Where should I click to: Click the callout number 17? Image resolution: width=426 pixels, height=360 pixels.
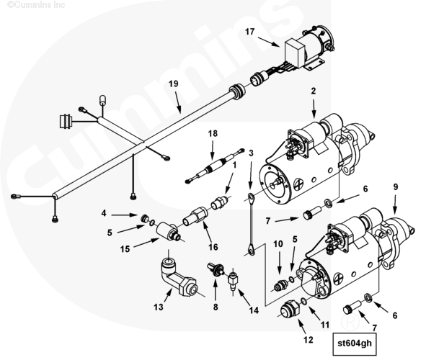click(x=249, y=32)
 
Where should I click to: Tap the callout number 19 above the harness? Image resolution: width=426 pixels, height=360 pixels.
click(x=173, y=84)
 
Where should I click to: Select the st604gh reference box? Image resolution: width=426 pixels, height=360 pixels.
click(x=355, y=343)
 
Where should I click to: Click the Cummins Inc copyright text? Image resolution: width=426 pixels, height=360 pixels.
click(x=37, y=4)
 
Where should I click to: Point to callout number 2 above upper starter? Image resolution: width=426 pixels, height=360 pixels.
click(x=314, y=91)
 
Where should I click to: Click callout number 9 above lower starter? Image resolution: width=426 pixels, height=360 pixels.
click(x=395, y=186)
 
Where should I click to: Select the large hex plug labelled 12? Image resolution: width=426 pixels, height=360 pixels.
click(x=290, y=310)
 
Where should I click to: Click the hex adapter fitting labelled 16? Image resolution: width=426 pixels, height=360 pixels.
click(x=195, y=216)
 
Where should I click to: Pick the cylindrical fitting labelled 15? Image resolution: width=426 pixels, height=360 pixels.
click(x=169, y=231)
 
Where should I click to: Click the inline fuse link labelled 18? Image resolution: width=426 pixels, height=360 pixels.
click(x=215, y=166)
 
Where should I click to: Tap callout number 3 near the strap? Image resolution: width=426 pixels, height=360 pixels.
click(x=251, y=153)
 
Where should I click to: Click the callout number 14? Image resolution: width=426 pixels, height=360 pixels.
click(x=254, y=310)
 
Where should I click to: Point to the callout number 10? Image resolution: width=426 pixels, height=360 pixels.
click(x=278, y=244)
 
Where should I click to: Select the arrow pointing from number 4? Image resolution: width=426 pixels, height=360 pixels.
click(x=125, y=215)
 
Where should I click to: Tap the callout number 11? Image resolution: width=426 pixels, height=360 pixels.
click(x=325, y=325)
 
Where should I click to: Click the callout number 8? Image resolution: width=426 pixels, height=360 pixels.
click(x=216, y=307)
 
